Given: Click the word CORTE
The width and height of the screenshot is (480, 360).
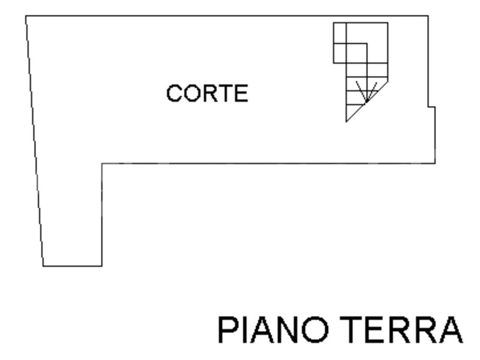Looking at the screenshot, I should click(x=207, y=94).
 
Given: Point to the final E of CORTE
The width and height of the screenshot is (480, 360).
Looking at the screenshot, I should click(x=241, y=94).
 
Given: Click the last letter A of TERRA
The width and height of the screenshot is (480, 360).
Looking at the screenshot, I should click(x=451, y=331).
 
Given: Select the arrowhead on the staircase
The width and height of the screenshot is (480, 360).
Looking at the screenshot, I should click(x=366, y=99).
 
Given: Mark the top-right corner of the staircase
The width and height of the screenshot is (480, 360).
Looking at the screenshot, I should click(x=388, y=23).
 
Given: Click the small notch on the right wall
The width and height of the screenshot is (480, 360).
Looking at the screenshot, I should click(x=431, y=107).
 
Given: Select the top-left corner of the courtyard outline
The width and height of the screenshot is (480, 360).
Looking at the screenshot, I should click(x=26, y=16).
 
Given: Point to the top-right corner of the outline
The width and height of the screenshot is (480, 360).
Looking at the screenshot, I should click(x=428, y=16).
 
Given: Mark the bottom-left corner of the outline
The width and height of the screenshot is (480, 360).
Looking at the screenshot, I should click(x=43, y=266).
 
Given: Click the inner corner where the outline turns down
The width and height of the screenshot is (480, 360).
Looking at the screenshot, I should click(x=102, y=163).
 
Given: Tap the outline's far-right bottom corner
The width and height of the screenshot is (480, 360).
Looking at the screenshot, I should click(x=435, y=163).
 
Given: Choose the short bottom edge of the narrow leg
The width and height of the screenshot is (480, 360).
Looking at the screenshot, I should click(x=73, y=266).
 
